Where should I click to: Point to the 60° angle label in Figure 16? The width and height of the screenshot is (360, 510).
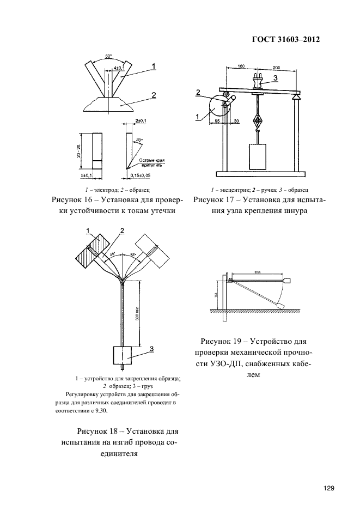tap(108, 56)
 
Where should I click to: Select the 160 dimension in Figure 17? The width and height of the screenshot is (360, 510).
tap(241, 66)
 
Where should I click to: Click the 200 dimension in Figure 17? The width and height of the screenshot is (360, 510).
tap(276, 66)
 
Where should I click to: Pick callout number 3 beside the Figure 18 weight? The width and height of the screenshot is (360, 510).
tap(151, 348)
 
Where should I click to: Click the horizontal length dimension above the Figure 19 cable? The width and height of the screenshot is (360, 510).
tap(257, 273)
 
